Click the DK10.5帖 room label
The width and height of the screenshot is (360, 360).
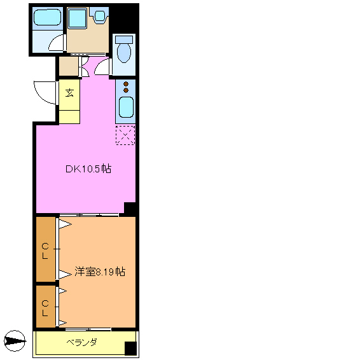[88, 169]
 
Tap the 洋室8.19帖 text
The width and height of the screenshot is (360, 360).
[99, 272]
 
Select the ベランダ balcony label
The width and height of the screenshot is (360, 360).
[81, 343]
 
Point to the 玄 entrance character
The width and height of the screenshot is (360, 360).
[69, 93]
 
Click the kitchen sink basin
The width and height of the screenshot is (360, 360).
[125, 109]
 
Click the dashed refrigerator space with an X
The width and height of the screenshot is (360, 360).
[125, 135]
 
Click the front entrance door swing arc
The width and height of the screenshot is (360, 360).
[45, 94]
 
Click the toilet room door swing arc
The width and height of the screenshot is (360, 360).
[102, 66]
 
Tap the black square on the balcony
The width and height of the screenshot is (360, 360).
[130, 349]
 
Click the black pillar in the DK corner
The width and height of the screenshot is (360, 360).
[130, 208]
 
